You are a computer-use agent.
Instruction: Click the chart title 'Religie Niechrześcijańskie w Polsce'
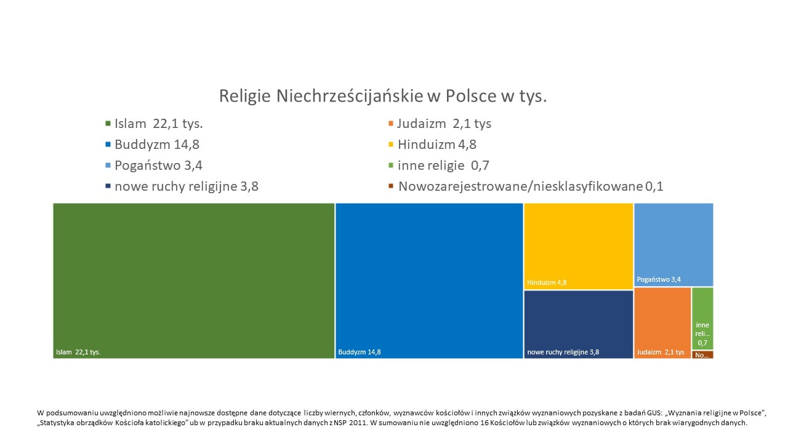pos(383,97)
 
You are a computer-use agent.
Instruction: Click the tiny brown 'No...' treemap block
pos(702,354)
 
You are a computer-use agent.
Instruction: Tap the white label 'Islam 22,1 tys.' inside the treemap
pos(78,353)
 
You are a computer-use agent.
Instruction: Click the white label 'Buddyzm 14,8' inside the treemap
pos(360,353)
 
